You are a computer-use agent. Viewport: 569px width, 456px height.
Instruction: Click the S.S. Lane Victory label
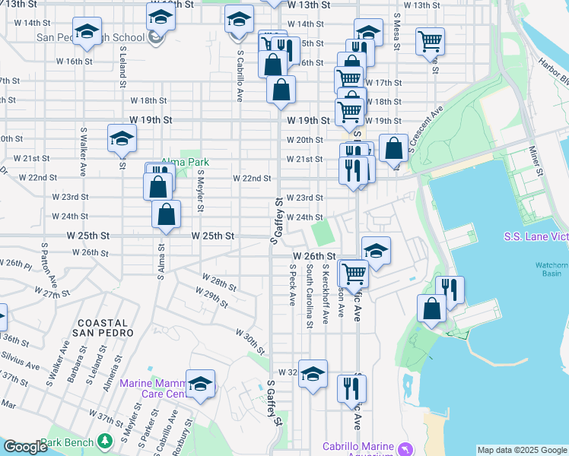pyautogui.click(x=536, y=236)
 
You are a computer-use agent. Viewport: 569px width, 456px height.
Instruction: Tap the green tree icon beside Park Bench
pyautogui.click(x=104, y=442)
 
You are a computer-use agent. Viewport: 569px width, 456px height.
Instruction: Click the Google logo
pyautogui.click(x=25, y=448)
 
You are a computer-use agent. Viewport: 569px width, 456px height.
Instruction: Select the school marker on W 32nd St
pyautogui.click(x=313, y=373)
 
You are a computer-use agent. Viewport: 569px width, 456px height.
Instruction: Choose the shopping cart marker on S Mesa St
pyautogui.click(x=431, y=40)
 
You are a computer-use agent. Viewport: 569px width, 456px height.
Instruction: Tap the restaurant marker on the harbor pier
pyautogui.click(x=450, y=289)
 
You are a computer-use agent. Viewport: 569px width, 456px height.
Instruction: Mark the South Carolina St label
pyautogui.click(x=309, y=296)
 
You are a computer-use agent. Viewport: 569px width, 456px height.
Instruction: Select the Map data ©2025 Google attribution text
pyautogui.click(x=522, y=450)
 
